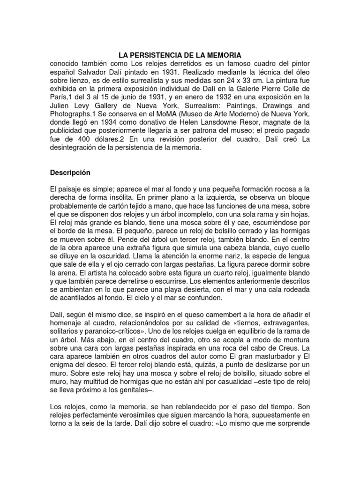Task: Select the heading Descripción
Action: pyautogui.click(x=70, y=172)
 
